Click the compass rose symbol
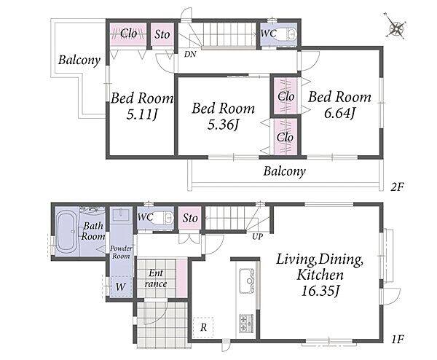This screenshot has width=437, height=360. click(396, 28)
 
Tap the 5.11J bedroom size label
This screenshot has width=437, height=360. click(142, 114)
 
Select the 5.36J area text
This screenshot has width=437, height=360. click(224, 125)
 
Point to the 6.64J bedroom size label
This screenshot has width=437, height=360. click(339, 113)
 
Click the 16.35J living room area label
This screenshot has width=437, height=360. click(320, 291)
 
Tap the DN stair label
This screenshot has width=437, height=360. click(190, 54)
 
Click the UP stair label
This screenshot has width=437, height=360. click(257, 236)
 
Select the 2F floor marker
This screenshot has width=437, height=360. click(397, 187)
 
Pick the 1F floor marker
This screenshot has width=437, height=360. click(398, 339)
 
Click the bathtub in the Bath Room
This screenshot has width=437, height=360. click(67, 232)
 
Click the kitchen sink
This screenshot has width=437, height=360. click(246, 281)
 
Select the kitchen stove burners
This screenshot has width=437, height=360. click(246, 323)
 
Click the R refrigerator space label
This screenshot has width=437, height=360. click(203, 327)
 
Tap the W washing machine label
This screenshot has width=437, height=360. click(120, 286)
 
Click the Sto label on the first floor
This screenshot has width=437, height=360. click(190, 218)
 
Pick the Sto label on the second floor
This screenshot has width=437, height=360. click(162, 34)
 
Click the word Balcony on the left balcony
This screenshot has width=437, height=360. click(79, 60)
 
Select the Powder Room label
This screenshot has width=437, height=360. click(121, 252)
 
